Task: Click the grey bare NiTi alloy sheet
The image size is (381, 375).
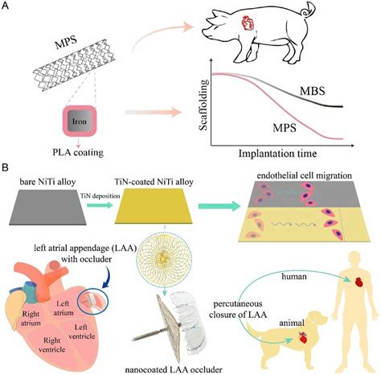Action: pos(53,207)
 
